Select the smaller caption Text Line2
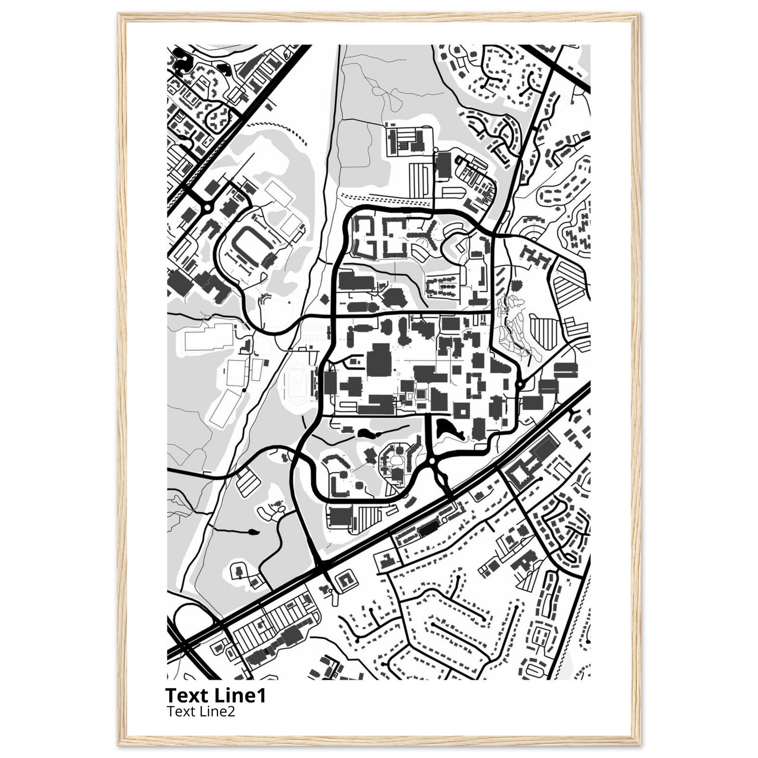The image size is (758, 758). (201, 711)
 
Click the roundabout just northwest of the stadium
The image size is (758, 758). (207, 207)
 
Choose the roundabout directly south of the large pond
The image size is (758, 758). (432, 462)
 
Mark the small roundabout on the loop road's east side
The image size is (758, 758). (520, 385)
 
